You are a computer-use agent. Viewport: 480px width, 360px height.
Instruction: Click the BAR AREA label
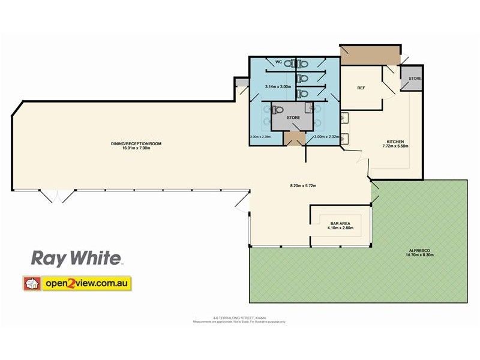340,223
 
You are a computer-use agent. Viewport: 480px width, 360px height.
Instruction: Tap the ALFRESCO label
420,250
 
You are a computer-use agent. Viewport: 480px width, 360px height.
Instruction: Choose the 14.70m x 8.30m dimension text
420,254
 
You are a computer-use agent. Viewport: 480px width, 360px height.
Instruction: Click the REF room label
361,88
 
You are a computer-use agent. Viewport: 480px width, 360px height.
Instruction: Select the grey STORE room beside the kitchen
415,79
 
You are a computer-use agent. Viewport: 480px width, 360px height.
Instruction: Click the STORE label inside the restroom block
293,118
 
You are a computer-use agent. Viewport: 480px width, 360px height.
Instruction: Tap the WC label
278,62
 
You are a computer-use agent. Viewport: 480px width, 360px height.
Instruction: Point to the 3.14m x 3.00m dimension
277,87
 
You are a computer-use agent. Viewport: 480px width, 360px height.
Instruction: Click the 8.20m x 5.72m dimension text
303,185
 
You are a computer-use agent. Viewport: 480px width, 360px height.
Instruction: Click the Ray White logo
77,259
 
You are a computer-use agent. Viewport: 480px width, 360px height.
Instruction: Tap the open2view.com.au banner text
86,283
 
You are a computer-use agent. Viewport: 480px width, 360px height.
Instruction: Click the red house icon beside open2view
32,283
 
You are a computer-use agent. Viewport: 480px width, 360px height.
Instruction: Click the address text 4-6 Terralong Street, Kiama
239,318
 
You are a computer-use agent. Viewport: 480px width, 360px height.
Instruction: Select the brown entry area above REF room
368,56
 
